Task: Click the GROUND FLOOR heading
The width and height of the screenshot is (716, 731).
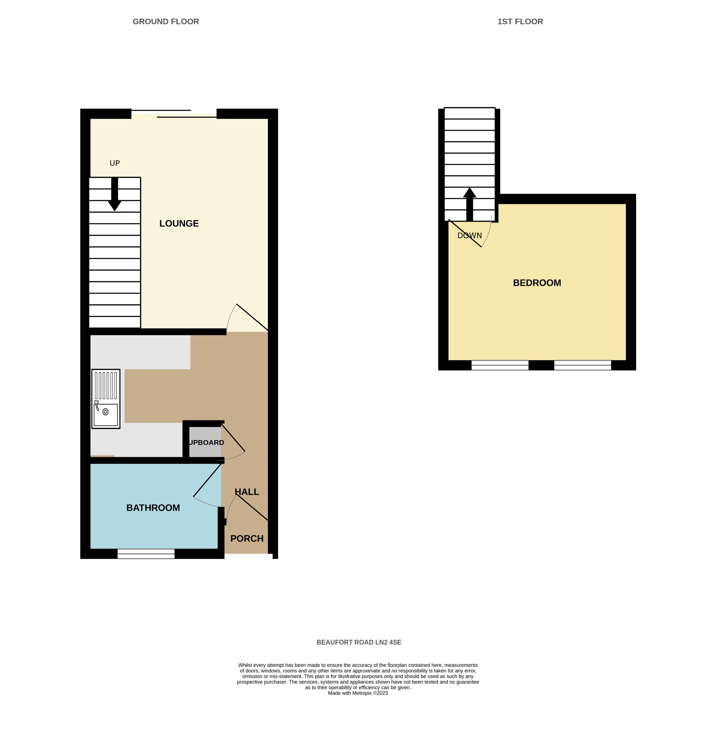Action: click(x=166, y=22)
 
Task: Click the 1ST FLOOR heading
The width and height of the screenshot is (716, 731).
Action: click(x=520, y=22)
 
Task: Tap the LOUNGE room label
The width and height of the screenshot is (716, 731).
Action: click(x=179, y=224)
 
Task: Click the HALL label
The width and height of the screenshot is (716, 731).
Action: click(x=247, y=492)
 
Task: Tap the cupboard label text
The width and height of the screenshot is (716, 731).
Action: click(x=206, y=443)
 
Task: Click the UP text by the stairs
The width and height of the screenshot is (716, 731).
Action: click(x=115, y=163)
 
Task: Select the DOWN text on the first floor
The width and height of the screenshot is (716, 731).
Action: click(x=469, y=236)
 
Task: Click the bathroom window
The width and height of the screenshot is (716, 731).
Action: click(x=146, y=553)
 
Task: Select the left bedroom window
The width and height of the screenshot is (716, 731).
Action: click(x=500, y=365)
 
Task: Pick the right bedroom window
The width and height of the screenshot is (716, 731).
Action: click(x=582, y=365)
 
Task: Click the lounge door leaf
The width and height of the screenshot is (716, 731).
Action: click(x=252, y=318)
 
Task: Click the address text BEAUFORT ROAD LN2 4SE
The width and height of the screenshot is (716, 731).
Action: click(x=359, y=642)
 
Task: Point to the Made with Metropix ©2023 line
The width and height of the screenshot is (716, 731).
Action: click(x=358, y=693)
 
